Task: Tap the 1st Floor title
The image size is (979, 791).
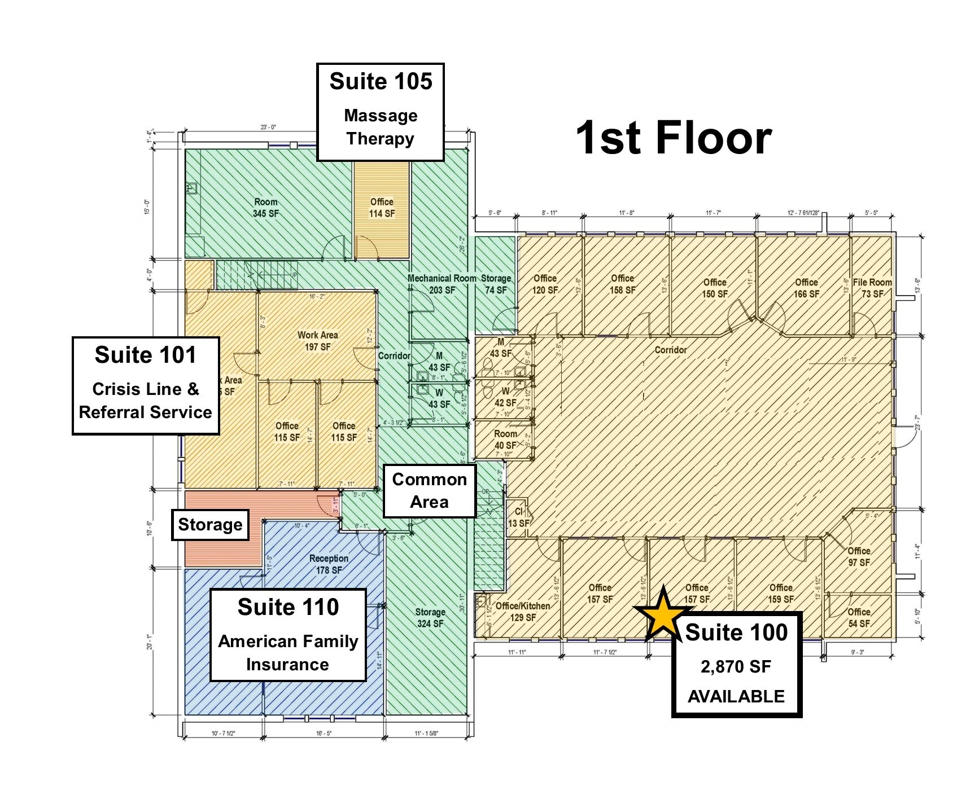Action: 674,137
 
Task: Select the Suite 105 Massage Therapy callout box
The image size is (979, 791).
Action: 381,112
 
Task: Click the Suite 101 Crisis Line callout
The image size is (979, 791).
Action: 146,385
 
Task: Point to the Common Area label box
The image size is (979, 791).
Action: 429,490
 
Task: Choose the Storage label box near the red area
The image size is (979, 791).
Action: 210,525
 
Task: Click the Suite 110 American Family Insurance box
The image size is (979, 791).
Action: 288,635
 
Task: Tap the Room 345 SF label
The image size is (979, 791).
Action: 265,208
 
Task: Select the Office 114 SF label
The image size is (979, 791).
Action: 382,208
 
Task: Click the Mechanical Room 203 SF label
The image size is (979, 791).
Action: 442,284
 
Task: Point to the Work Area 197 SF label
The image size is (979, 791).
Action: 317,341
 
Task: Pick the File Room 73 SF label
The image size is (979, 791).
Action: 872,288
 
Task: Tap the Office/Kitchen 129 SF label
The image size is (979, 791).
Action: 522,612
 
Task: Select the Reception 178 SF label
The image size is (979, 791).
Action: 329,564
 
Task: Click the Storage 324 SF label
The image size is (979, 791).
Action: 430,618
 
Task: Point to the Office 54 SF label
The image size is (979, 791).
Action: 858,617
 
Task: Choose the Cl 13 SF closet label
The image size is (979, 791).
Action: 518,517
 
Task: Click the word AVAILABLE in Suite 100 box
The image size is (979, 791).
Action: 736,696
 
